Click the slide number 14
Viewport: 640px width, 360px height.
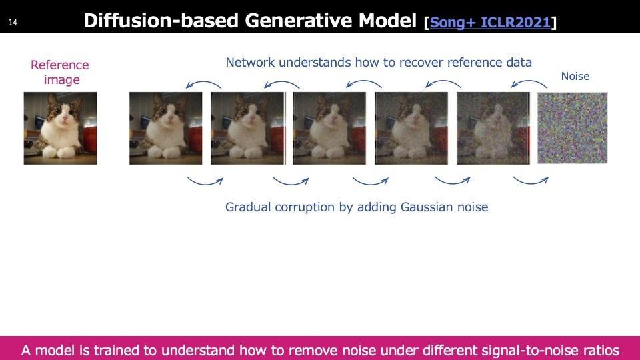pos(13,23)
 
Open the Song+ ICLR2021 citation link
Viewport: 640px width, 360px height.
pos(490,22)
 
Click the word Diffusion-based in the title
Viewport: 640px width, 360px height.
pos(161,21)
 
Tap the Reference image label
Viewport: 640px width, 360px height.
pos(60,72)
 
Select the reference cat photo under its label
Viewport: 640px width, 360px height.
pos(61,128)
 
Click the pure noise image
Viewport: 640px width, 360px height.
pos(572,128)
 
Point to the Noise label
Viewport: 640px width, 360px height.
pos(575,76)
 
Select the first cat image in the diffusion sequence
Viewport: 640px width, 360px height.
pos(166,128)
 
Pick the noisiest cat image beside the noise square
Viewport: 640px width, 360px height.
pos(493,128)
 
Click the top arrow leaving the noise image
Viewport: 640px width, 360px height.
pos(528,82)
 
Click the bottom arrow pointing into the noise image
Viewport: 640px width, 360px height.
pos(530,183)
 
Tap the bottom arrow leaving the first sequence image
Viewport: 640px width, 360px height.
pos(205,183)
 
